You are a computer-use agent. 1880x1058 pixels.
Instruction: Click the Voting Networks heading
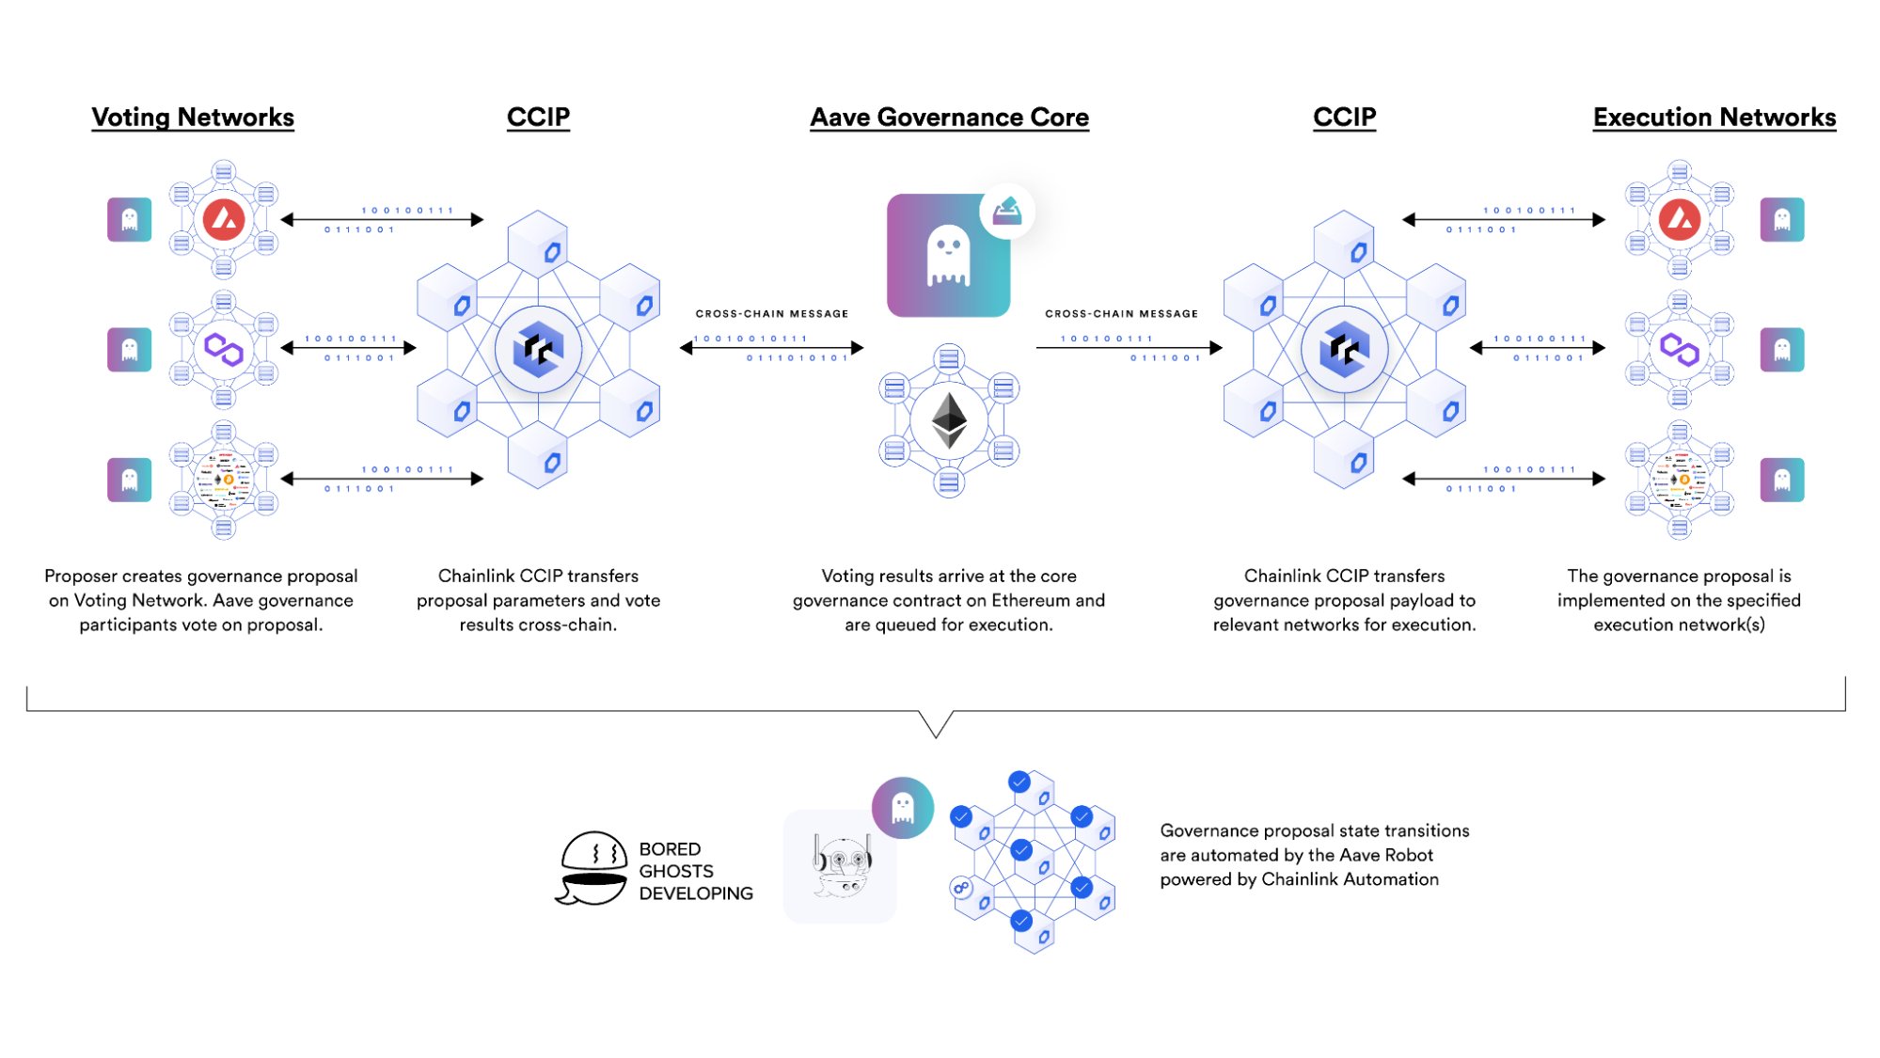coord(193,118)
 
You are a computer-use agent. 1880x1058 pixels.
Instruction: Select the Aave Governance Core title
coord(949,118)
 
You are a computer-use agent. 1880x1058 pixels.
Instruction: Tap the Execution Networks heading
coord(1714,118)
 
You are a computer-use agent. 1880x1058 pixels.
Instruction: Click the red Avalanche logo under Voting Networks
coord(224,220)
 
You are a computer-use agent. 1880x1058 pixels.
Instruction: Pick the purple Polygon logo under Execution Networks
coord(1679,350)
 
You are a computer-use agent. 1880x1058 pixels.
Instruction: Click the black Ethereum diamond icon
coord(949,419)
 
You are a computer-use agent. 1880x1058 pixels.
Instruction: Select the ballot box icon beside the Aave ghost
coord(1006,211)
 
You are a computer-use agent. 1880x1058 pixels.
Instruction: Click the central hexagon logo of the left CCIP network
coord(538,349)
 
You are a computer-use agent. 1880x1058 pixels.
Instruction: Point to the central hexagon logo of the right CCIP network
coord(1344,349)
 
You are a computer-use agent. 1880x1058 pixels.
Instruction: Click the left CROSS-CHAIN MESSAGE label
coord(771,314)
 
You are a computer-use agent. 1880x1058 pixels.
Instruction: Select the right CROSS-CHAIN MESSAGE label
coord(1121,314)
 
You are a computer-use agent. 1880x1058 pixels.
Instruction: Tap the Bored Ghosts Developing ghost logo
coord(592,867)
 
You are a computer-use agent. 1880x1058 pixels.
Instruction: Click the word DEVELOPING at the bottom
coord(696,893)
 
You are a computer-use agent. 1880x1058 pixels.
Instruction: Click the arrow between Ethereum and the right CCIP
coord(1129,348)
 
